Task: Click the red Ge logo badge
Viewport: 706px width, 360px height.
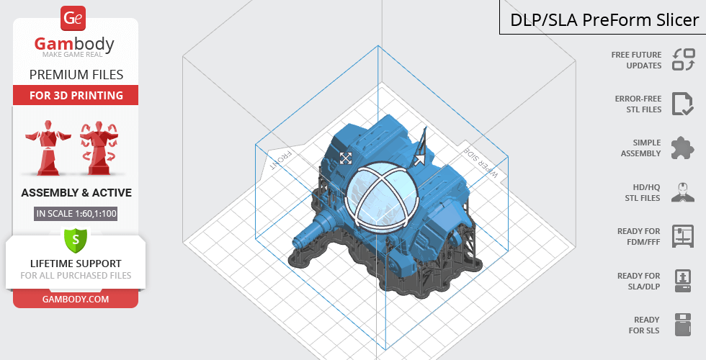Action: click(x=73, y=19)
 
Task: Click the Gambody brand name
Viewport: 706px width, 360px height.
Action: click(x=74, y=44)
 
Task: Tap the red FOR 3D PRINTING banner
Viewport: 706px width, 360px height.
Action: click(x=76, y=95)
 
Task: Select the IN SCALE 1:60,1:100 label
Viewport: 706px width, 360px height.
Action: click(x=76, y=213)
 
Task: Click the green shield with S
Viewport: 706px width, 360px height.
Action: click(x=76, y=239)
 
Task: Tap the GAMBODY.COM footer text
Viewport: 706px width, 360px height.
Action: click(x=76, y=300)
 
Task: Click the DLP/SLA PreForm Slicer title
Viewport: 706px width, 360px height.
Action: click(x=604, y=20)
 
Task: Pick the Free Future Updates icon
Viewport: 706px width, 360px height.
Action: click(x=684, y=59)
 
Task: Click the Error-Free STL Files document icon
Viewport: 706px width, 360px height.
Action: click(x=683, y=104)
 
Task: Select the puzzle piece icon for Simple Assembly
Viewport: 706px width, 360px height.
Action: click(x=683, y=148)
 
